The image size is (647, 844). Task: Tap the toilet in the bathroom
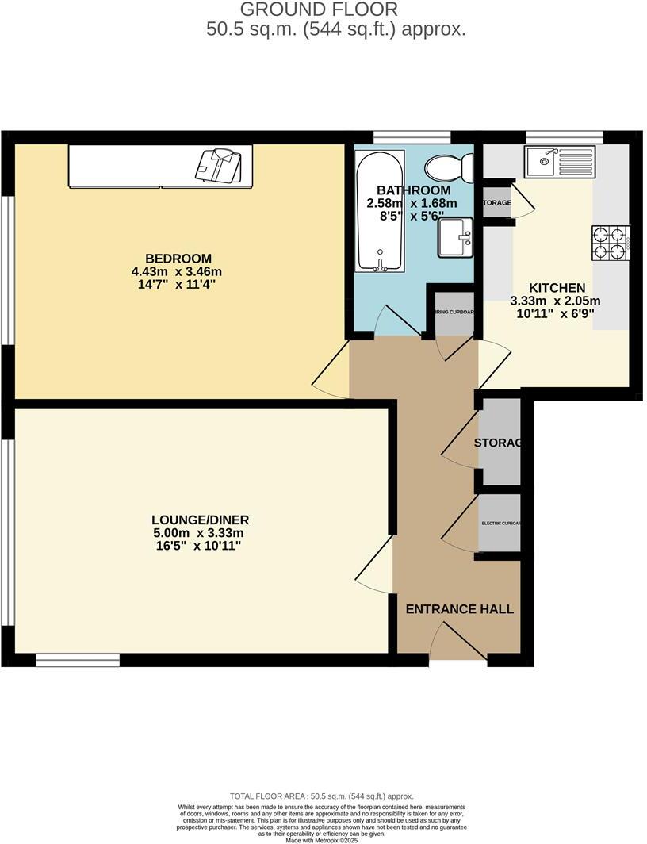point(449,168)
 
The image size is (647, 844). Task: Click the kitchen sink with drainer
point(559,162)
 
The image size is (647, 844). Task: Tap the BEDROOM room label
point(178,259)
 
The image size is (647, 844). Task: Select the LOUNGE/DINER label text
point(201,520)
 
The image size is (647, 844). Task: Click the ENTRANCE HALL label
point(460,609)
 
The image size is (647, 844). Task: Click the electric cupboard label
point(500,524)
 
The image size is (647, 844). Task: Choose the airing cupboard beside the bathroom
point(454,312)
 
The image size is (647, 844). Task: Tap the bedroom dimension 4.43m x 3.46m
point(177,271)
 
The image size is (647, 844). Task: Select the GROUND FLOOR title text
point(318,10)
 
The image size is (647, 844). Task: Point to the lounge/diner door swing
point(377,565)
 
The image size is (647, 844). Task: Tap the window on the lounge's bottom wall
point(78,659)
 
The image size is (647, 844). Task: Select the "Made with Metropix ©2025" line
point(322,840)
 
